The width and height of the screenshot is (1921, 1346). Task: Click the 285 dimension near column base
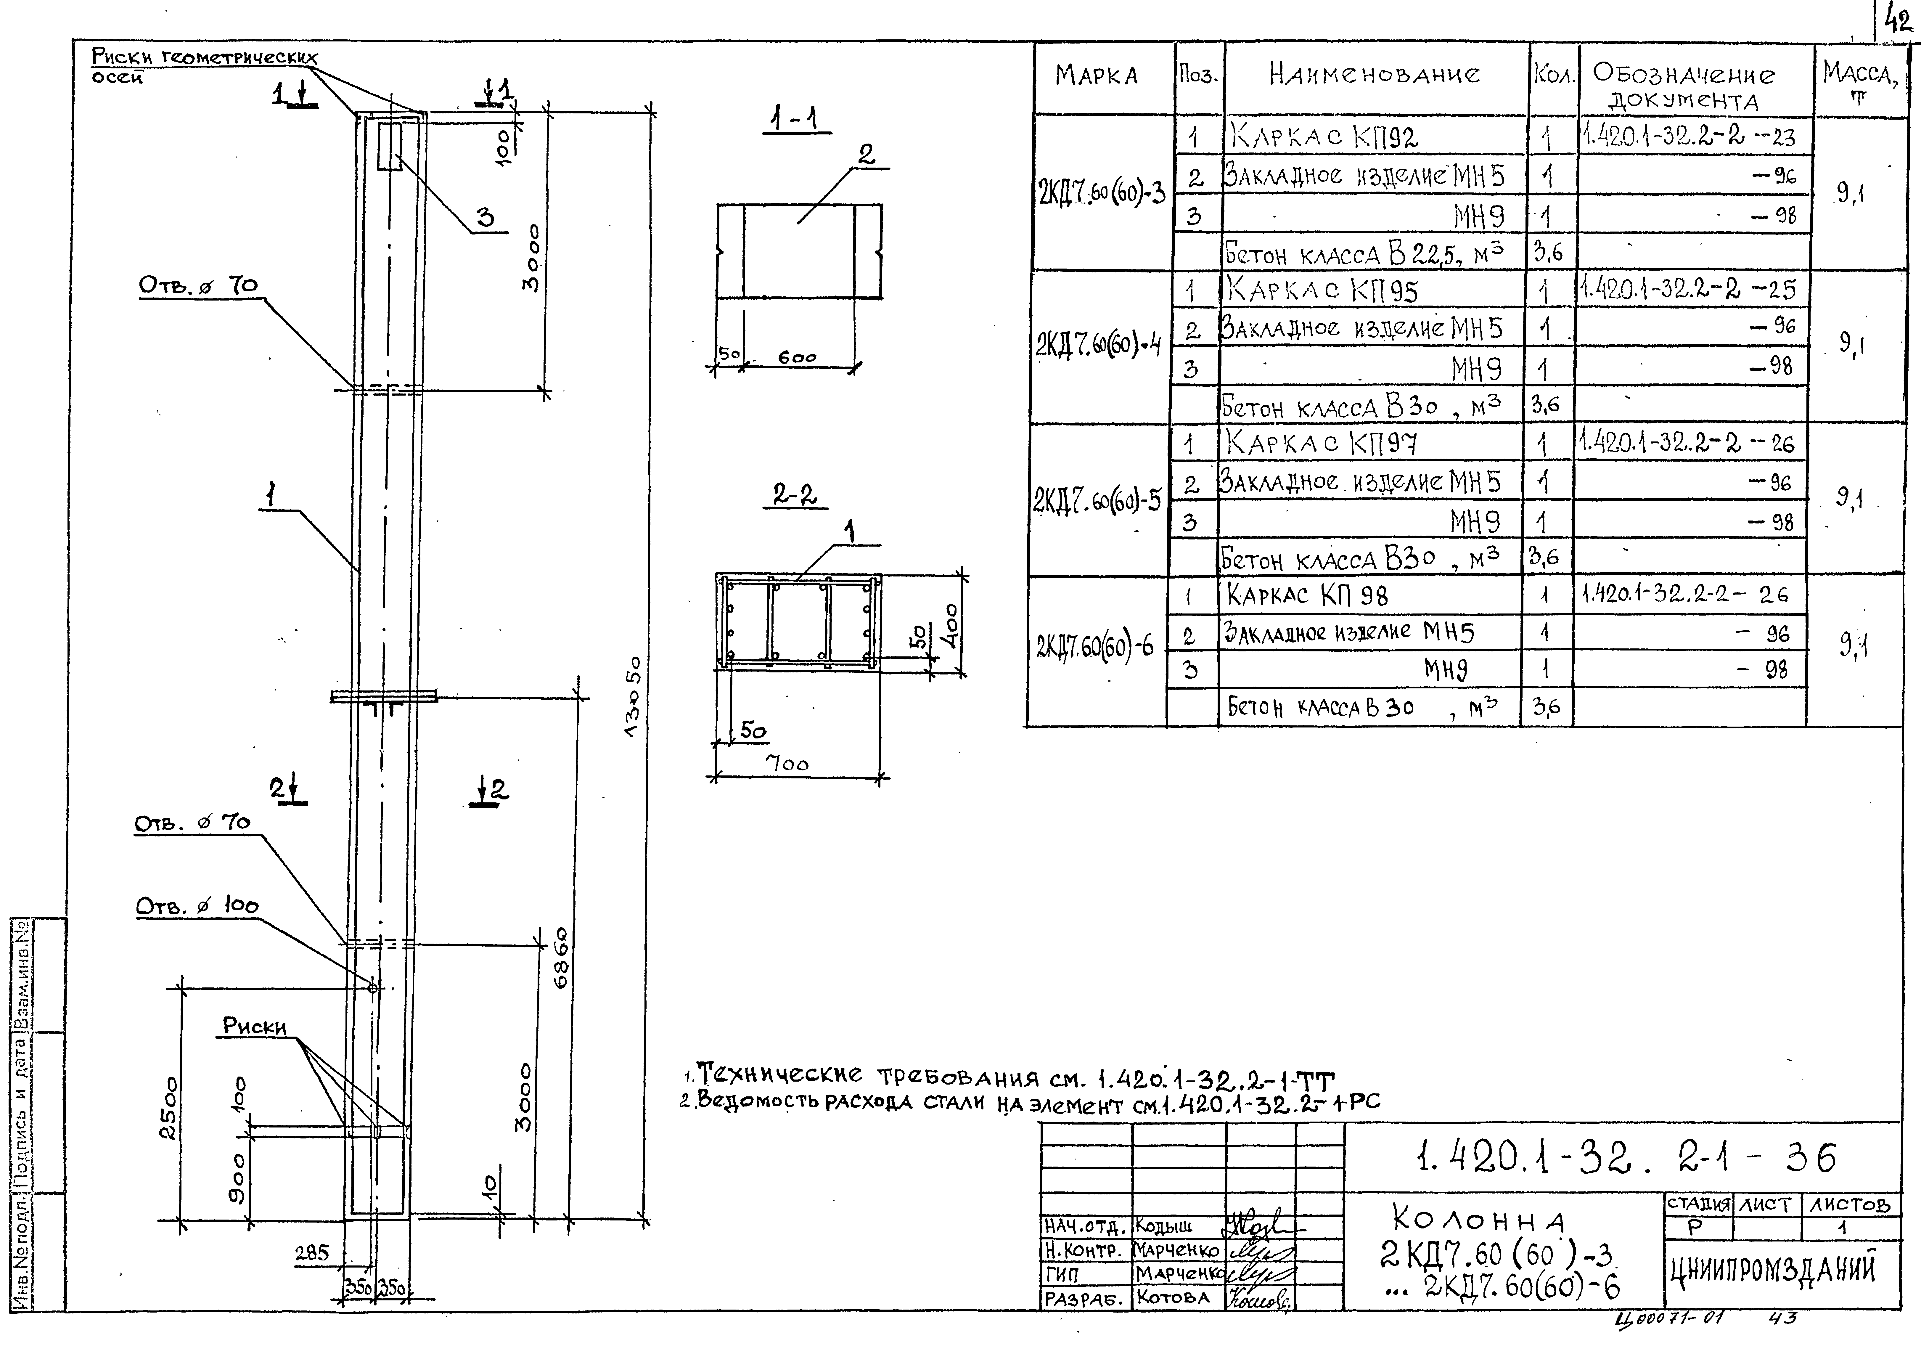pos(312,1253)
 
